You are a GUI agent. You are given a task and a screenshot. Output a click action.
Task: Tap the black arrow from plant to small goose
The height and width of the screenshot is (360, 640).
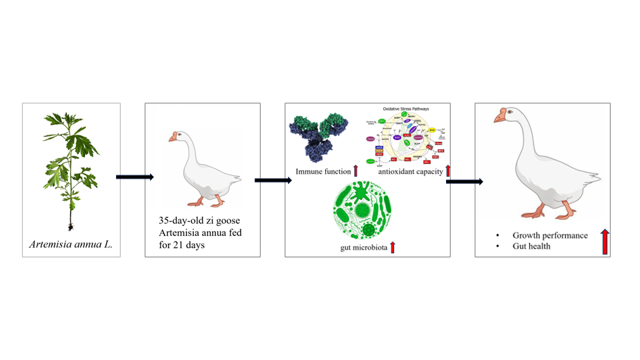click(135, 177)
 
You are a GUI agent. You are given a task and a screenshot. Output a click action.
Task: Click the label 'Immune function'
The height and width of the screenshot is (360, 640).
click(323, 173)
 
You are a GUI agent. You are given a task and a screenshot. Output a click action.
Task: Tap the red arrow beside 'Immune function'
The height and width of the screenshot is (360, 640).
click(355, 171)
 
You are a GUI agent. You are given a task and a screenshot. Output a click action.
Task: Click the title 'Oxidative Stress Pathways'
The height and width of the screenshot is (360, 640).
click(406, 108)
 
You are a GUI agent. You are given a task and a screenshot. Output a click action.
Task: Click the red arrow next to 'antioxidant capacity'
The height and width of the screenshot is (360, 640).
click(448, 170)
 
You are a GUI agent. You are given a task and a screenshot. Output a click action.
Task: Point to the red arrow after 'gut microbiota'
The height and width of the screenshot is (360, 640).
click(393, 247)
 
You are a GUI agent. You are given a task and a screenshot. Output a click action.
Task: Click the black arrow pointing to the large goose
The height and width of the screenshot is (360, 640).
click(464, 181)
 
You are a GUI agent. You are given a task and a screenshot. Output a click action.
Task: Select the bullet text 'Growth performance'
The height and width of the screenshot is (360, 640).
click(550, 235)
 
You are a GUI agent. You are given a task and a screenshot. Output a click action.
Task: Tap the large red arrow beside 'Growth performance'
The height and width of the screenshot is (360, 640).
click(605, 241)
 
